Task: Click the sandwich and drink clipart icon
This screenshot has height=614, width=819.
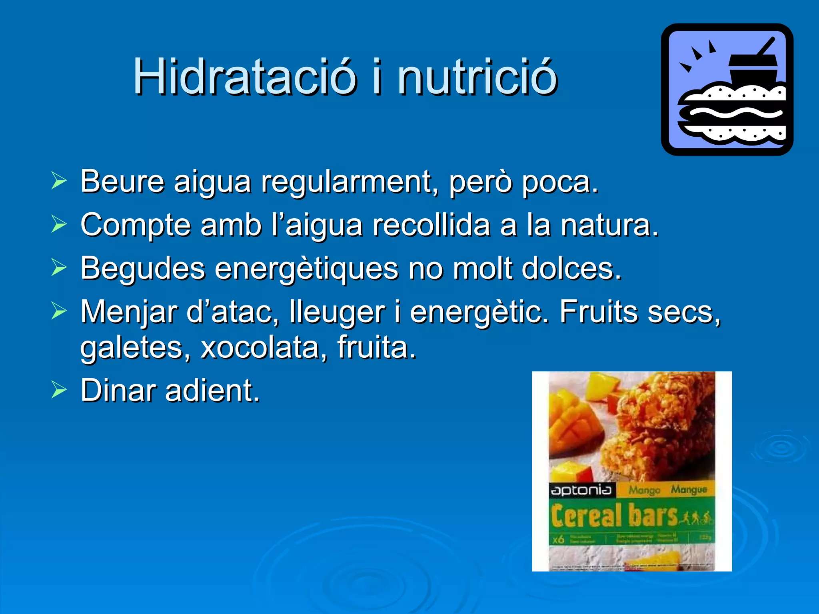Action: [x=727, y=90]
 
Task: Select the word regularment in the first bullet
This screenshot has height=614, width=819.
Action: [x=346, y=182]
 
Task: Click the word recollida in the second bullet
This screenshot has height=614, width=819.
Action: [x=431, y=225]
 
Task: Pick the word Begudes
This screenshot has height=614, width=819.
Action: [x=143, y=268]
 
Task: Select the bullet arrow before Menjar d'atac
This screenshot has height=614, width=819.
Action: [x=59, y=311]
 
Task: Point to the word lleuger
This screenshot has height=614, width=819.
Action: [x=337, y=312]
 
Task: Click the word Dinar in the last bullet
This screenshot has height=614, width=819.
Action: [x=118, y=390]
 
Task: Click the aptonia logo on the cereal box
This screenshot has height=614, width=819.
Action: [x=581, y=490]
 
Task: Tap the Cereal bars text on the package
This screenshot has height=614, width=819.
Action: [x=614, y=516]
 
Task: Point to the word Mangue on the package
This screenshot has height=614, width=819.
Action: [x=689, y=489]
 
